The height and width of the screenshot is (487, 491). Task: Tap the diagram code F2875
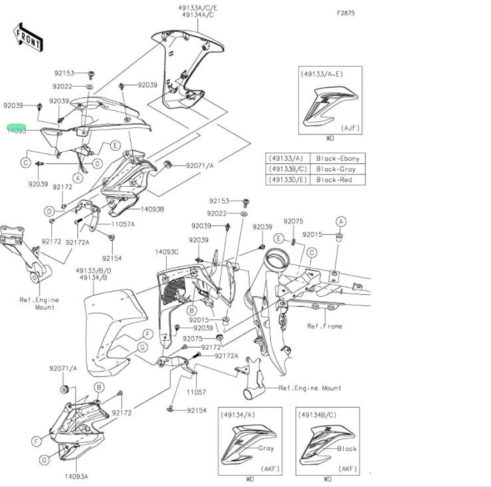pyautogui.click(x=346, y=12)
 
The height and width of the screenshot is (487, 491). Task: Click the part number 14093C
pyautogui.click(x=167, y=252)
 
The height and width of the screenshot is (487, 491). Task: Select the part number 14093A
pyautogui.click(x=76, y=476)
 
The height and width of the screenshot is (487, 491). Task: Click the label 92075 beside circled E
pyautogui.click(x=293, y=221)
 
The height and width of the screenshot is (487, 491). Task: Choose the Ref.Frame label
pyautogui.click(x=325, y=326)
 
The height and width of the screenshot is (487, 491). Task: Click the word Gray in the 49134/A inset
pyautogui.click(x=266, y=448)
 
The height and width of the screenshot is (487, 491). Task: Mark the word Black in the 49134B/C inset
pyautogui.click(x=347, y=448)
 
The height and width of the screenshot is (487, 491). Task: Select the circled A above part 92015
pyautogui.click(x=341, y=221)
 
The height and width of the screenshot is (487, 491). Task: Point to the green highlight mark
pyautogui.click(x=16, y=128)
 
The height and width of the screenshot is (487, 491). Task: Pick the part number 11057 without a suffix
pyautogui.click(x=196, y=392)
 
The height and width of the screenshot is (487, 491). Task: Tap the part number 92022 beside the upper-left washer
pyautogui.click(x=62, y=86)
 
